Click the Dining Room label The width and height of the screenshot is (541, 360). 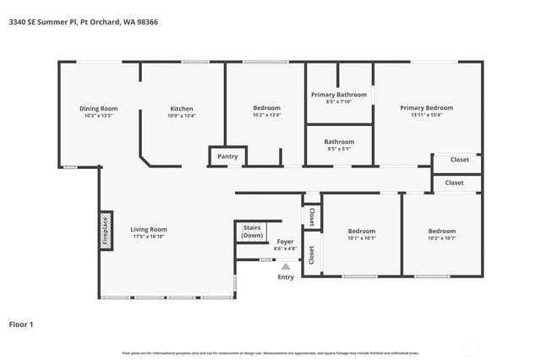[x=98, y=108]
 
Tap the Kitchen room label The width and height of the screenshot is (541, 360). [x=182, y=108]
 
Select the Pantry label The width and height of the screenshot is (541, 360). [x=227, y=156]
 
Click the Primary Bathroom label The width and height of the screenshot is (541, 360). [x=337, y=95]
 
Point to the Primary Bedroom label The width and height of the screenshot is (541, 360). [x=426, y=108]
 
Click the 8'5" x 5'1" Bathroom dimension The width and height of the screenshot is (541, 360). [x=339, y=150]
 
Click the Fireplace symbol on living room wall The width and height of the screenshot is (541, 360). [x=106, y=229]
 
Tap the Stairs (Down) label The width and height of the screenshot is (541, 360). [x=252, y=232]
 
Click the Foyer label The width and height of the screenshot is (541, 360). [x=286, y=241]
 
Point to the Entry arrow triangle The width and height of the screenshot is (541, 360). [x=286, y=266]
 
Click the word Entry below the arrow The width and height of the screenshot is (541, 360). [x=286, y=277]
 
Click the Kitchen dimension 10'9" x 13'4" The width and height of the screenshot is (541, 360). [x=182, y=116]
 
